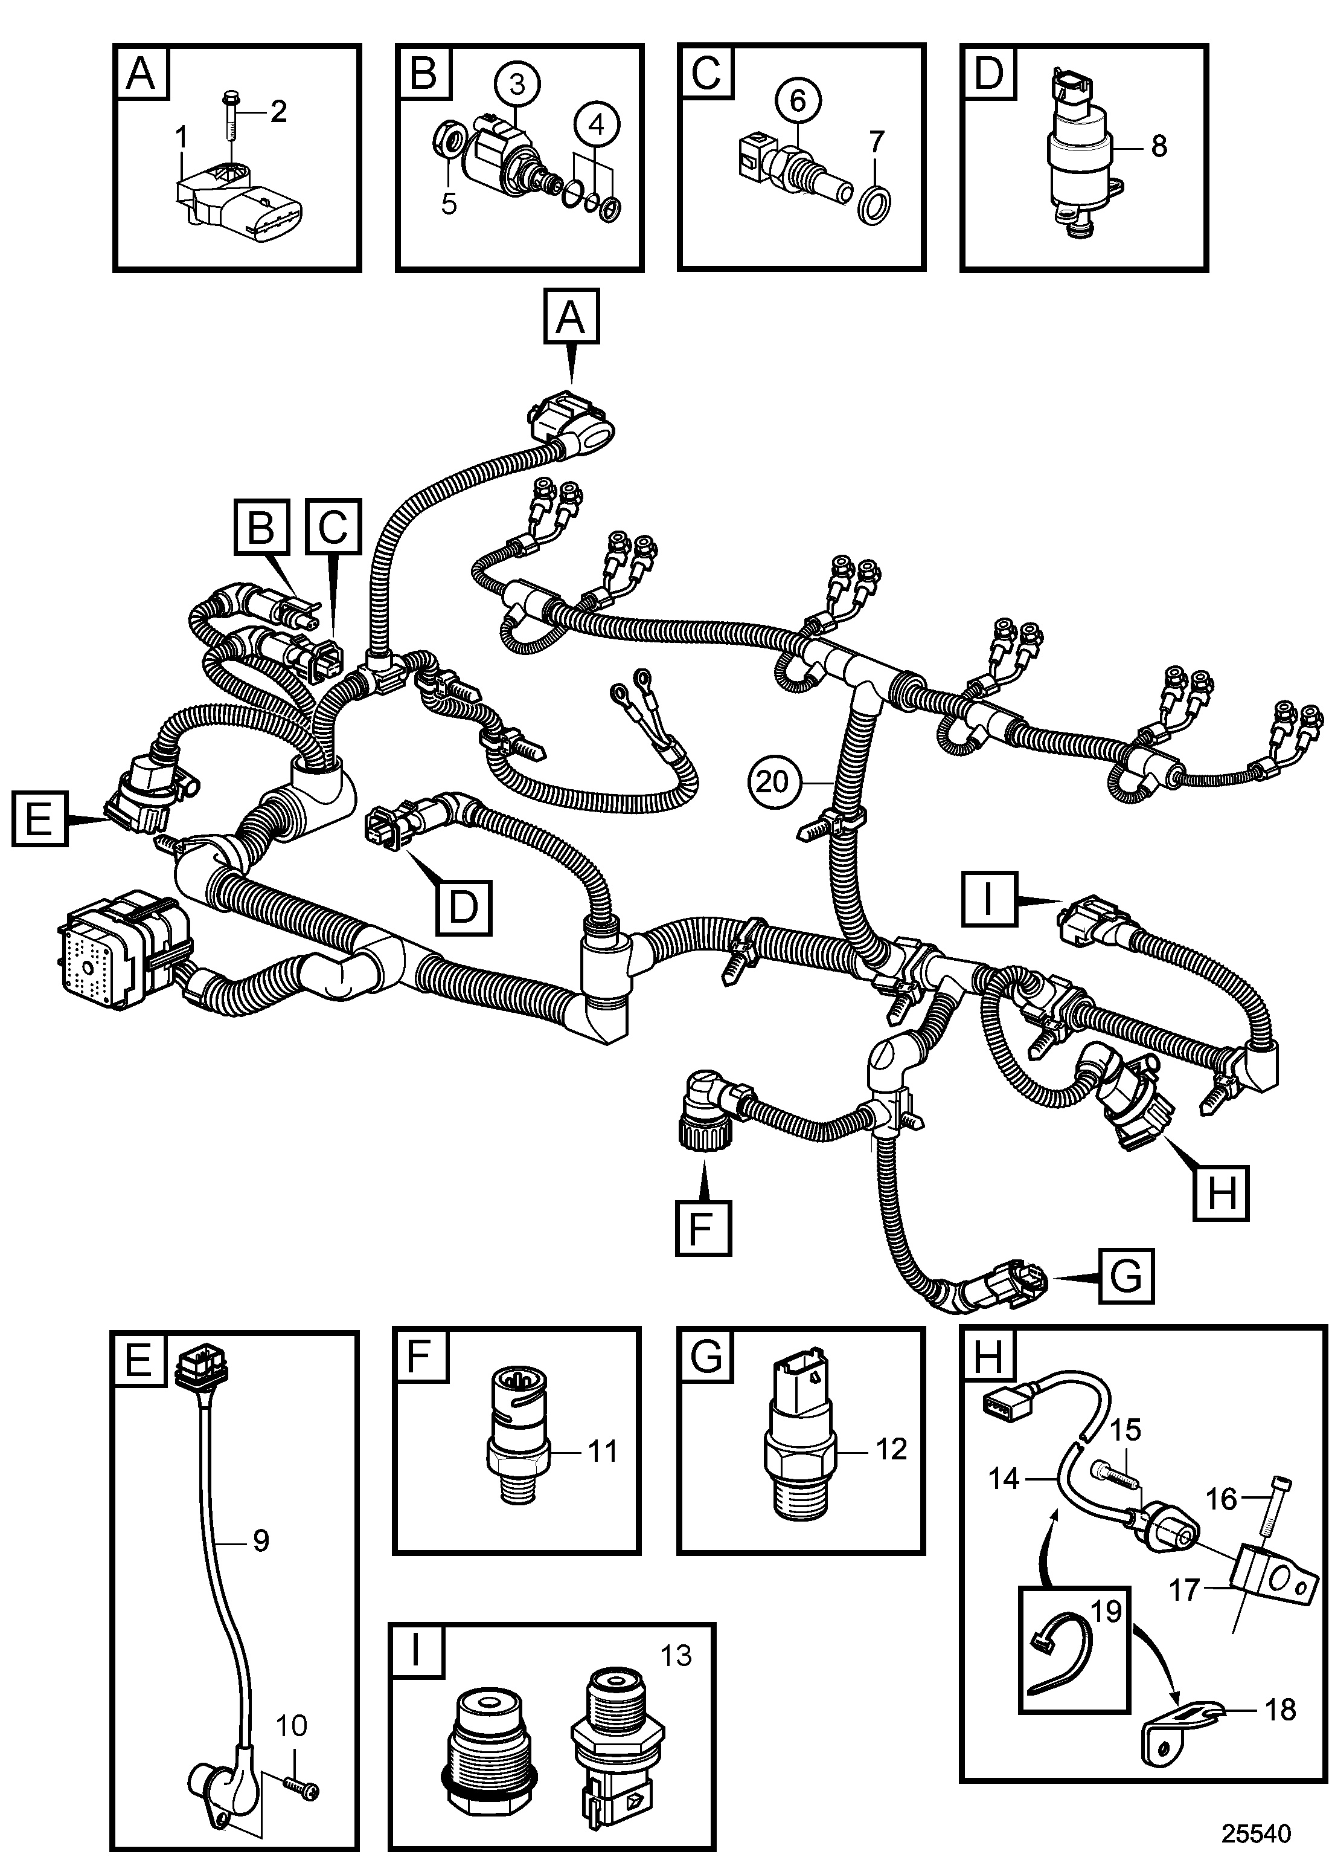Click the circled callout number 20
(x=772, y=782)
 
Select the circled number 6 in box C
(x=797, y=101)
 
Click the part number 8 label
(x=1158, y=147)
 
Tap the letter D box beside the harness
(x=463, y=907)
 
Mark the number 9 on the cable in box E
(x=260, y=1541)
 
